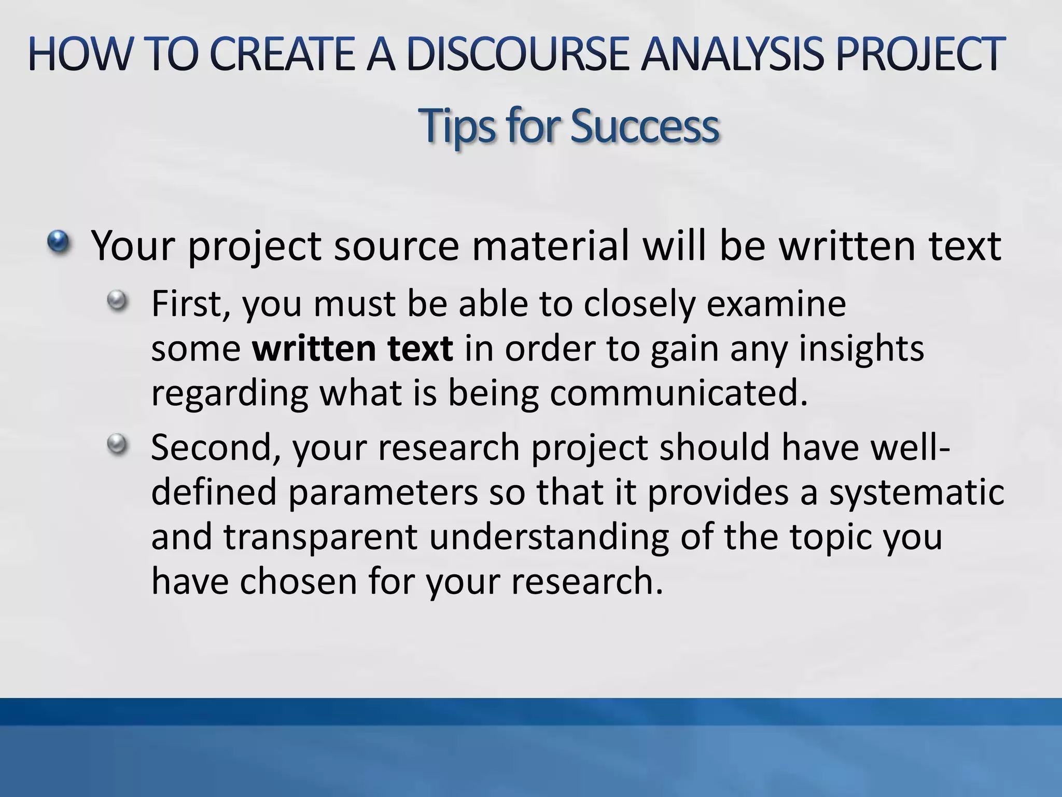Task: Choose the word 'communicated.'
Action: tap(679, 393)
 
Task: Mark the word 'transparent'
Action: tap(320, 537)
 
